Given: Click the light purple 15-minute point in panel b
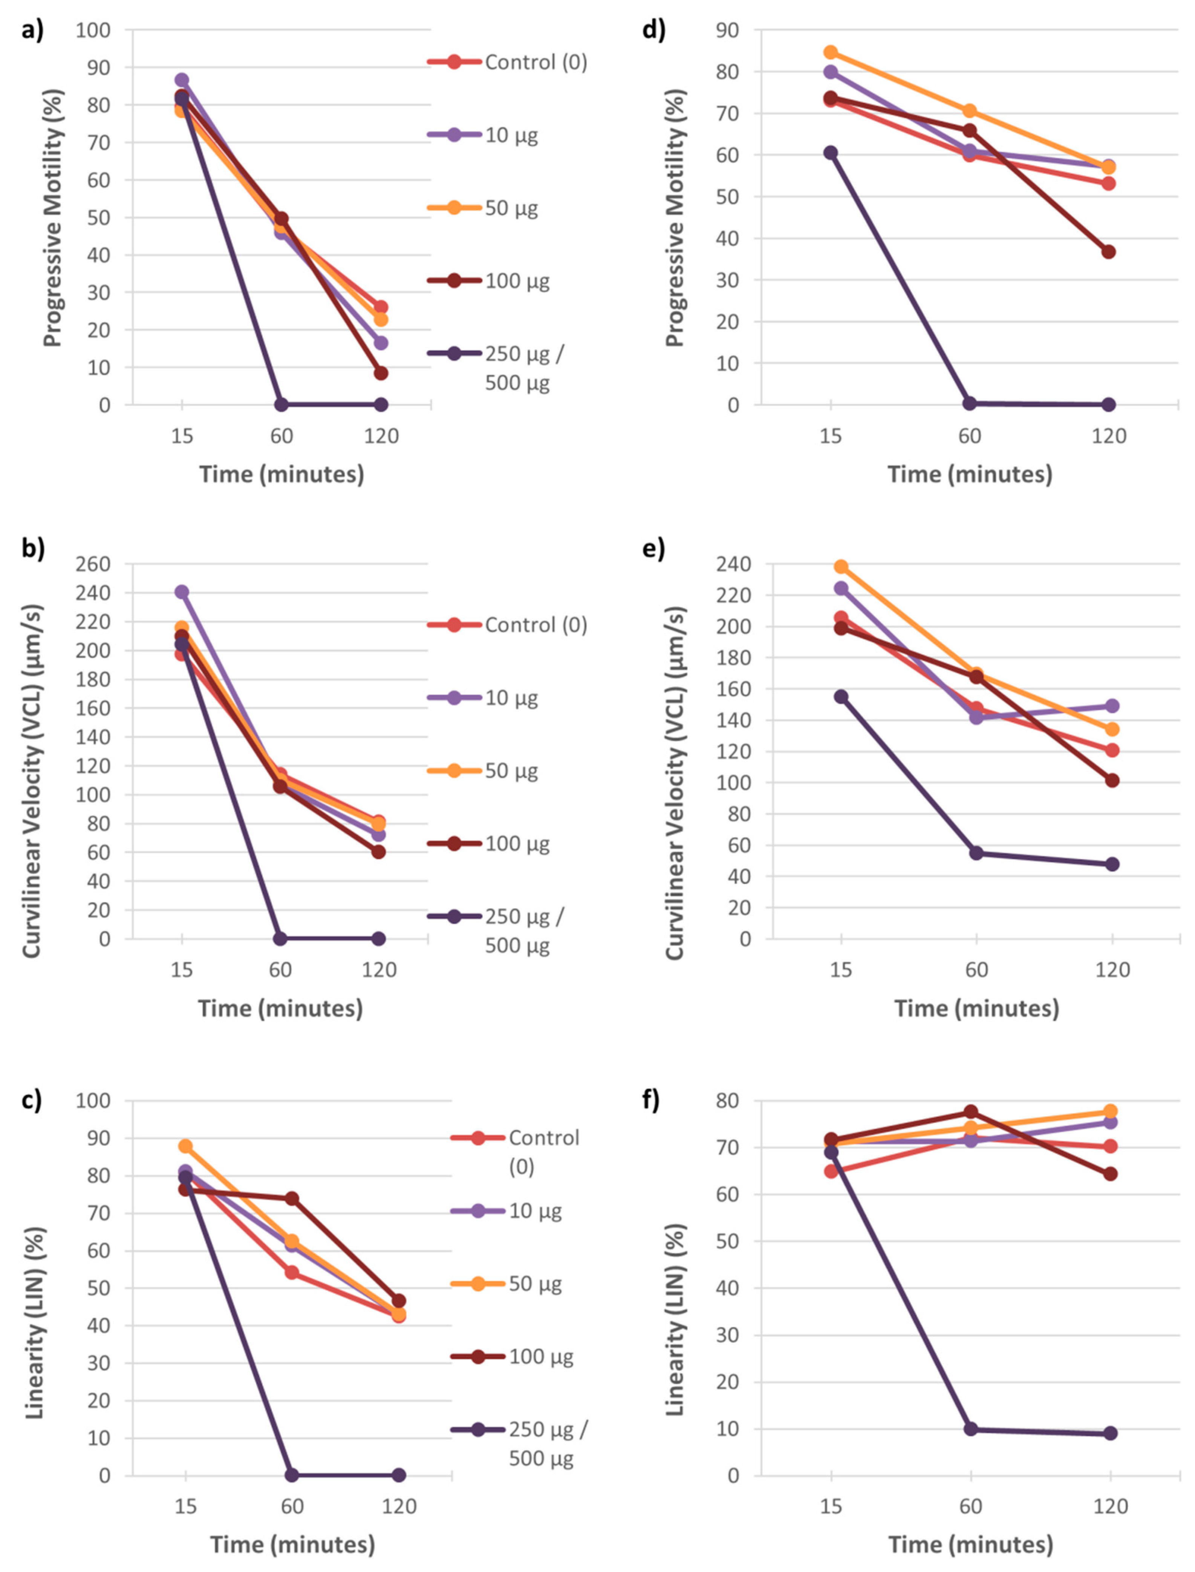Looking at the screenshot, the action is tap(182, 591).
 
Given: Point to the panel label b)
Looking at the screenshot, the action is tap(33, 549).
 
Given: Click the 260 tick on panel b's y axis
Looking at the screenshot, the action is tap(93, 564).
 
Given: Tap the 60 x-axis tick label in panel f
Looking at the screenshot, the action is tap(970, 1506).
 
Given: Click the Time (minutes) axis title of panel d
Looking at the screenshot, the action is tap(970, 474).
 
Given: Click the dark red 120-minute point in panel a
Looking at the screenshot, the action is tap(381, 373).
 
